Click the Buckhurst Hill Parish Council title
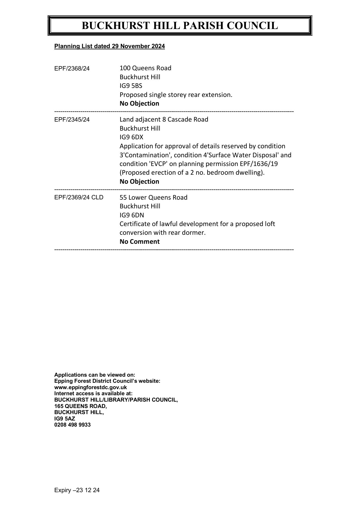click(180, 26)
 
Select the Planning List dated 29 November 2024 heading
click(109, 46)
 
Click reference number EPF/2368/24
click(72, 68)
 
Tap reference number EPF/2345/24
click(72, 120)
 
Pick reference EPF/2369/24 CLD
click(79, 198)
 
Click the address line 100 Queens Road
click(145, 68)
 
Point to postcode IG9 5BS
click(131, 86)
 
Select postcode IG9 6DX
click(132, 137)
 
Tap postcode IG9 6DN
click(132, 215)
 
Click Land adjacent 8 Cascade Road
click(164, 120)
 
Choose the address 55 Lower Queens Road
click(153, 198)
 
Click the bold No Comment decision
click(139, 242)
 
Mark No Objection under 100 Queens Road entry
click(139, 104)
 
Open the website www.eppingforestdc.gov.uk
click(91, 387)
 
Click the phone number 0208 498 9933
click(72, 425)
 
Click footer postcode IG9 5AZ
click(65, 419)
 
